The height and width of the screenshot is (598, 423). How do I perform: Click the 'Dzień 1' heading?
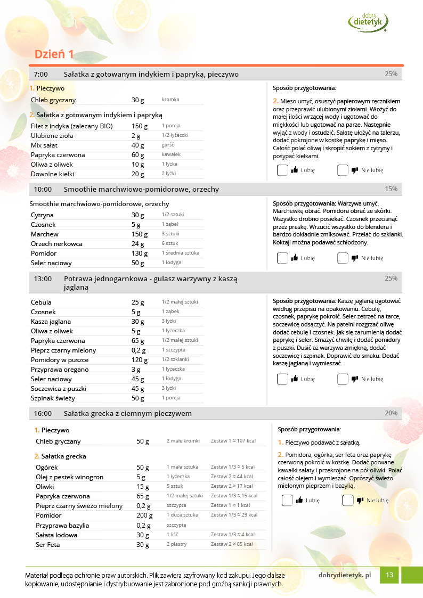pyautogui.click(x=54, y=54)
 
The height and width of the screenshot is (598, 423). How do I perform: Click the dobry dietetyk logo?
pyautogui.click(x=368, y=21)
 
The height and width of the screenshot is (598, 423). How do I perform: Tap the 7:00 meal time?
pyautogui.click(x=41, y=74)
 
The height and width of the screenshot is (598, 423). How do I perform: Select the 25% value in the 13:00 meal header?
pyautogui.click(x=391, y=278)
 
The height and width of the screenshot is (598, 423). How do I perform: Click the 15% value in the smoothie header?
pyautogui.click(x=391, y=189)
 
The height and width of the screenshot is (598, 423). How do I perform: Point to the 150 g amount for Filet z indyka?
pyautogui.click(x=140, y=126)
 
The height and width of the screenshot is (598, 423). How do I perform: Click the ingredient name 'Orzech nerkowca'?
pyautogui.click(x=56, y=244)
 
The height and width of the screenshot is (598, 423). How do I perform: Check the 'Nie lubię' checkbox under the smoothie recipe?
pyautogui.click(x=343, y=258)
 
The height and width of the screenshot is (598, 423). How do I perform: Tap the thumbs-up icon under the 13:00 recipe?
pyautogui.click(x=294, y=379)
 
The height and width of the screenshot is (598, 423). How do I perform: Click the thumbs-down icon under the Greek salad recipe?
pyautogui.click(x=360, y=501)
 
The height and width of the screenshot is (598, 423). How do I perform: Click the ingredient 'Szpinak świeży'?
pyautogui.click(x=53, y=398)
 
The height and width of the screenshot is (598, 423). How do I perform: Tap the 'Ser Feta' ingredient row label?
pyautogui.click(x=47, y=545)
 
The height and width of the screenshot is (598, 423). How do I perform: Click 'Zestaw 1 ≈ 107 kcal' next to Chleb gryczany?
pyautogui.click(x=233, y=441)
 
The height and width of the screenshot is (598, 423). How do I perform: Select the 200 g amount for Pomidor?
pyautogui.click(x=144, y=515)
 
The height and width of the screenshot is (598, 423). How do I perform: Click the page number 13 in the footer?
pyautogui.click(x=390, y=575)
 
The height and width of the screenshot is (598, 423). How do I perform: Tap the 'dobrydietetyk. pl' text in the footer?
pyautogui.click(x=344, y=575)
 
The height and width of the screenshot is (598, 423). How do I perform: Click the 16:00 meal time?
pyautogui.click(x=43, y=413)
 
